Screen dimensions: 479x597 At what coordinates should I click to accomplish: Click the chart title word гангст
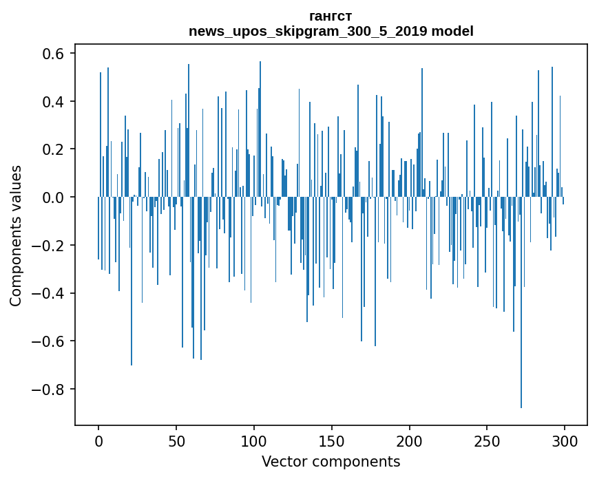(x=331, y=16)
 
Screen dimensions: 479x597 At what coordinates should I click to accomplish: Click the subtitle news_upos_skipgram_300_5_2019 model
(x=331, y=31)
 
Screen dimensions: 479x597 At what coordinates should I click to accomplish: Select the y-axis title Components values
(x=15, y=235)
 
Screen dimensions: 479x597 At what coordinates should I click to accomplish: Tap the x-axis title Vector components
(x=331, y=461)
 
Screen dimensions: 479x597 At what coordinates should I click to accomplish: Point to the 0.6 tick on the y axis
(x=55, y=54)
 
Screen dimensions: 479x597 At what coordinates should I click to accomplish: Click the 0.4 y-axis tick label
(x=55, y=102)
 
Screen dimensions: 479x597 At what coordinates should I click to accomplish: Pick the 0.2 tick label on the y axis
(x=55, y=149)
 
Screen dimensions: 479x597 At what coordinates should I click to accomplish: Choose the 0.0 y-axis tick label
(x=55, y=198)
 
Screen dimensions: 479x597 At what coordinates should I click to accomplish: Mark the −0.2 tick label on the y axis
(x=50, y=246)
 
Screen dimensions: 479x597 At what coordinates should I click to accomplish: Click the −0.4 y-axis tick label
(x=50, y=294)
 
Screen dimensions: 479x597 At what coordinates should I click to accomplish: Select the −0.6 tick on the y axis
(x=50, y=341)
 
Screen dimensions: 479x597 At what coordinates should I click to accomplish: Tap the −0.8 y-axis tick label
(x=50, y=390)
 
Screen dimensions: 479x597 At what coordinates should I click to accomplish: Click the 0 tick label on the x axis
(x=98, y=441)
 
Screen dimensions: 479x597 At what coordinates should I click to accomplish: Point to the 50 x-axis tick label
(x=176, y=441)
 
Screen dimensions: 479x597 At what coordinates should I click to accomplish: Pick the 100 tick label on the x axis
(x=254, y=441)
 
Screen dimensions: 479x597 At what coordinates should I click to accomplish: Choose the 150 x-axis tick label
(x=332, y=441)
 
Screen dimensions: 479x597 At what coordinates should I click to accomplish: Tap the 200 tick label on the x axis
(x=410, y=441)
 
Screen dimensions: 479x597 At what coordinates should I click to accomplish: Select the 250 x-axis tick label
(x=487, y=441)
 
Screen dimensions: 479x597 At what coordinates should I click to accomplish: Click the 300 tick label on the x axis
(x=565, y=441)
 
